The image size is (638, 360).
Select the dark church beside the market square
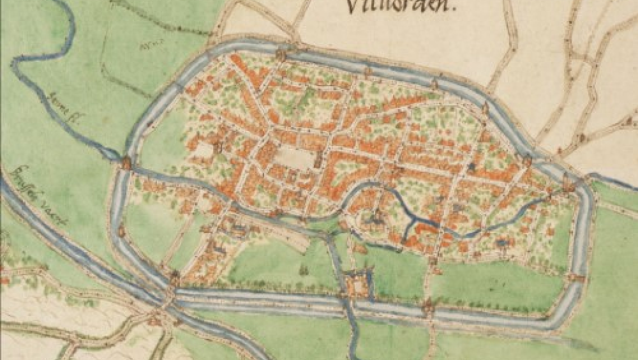point(317,159)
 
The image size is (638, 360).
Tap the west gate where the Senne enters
point(126,164)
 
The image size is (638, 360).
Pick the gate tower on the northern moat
point(280,55)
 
